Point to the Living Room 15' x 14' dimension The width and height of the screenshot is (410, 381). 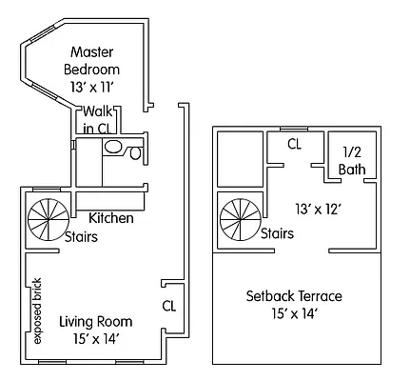(95, 337)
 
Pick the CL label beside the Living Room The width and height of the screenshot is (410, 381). (169, 306)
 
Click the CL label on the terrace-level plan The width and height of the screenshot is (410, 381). (295, 145)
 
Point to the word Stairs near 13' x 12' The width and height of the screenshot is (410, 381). (276, 233)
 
